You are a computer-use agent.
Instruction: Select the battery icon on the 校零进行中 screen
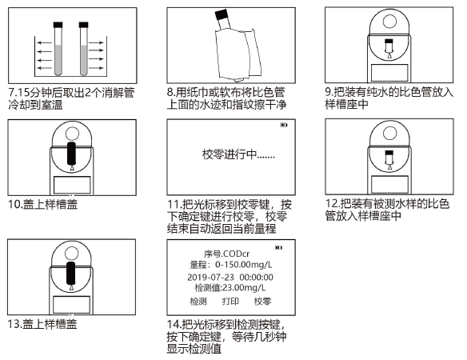(283, 126)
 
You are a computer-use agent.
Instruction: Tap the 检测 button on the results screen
(198, 302)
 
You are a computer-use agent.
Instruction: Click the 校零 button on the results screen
(262, 302)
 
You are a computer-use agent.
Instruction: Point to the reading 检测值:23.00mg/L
(230, 287)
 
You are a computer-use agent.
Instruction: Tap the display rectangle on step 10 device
(72, 185)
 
